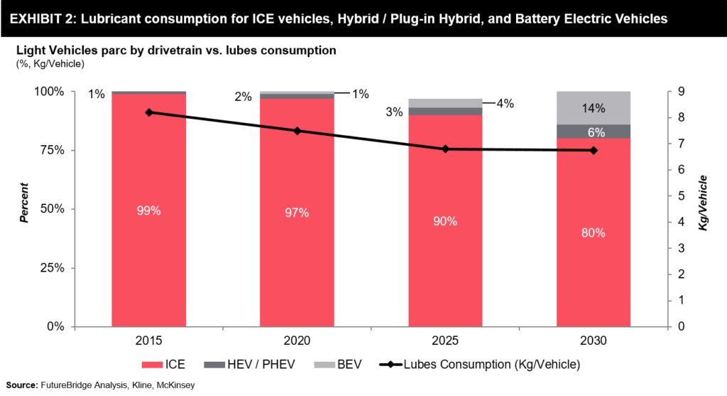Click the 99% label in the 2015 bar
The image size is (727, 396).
pos(148,210)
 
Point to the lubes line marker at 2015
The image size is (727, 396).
pos(148,112)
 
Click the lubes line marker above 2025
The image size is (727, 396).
pos(445,149)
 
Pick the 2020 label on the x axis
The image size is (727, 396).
pos(297,341)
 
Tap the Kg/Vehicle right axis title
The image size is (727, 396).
pos(704,209)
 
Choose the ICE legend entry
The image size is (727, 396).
pos(164,365)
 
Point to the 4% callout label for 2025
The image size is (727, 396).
pos(505,103)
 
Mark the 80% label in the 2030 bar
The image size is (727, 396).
pos(594,233)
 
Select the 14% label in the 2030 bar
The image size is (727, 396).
pos(594,108)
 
